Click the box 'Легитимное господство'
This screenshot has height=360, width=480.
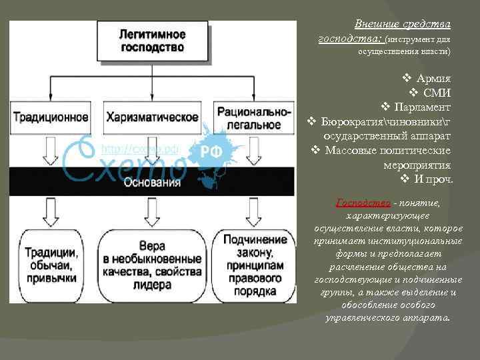(x=153, y=40)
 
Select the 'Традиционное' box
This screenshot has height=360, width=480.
(x=51, y=117)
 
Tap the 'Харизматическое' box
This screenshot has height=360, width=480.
(x=152, y=117)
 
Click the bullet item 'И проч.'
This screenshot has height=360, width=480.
(x=433, y=179)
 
